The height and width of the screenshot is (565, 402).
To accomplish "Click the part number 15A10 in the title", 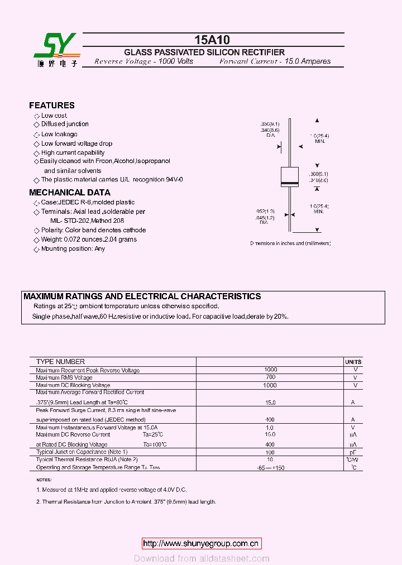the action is [212, 40].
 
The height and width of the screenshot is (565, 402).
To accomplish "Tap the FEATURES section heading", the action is [51, 105].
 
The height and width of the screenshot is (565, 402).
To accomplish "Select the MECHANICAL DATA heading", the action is [69, 193].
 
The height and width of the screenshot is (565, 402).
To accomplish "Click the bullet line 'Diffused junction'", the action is [65, 124].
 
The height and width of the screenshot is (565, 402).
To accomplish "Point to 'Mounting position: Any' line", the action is [73, 248].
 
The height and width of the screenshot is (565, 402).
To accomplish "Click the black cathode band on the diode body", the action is [289, 183].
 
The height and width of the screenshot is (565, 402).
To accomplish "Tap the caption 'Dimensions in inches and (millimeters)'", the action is [290, 243].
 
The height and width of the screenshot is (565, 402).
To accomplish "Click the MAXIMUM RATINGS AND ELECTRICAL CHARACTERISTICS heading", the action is [142, 296].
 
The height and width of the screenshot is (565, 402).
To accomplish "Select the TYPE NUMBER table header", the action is [60, 362].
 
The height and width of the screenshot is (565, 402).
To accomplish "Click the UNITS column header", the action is [353, 362].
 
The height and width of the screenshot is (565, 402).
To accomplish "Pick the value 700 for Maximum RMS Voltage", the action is [270, 377].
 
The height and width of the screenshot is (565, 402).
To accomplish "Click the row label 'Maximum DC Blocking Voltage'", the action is [73, 385].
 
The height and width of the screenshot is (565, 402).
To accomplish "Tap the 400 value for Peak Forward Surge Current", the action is [270, 419].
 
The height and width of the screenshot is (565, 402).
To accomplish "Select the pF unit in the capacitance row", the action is [353, 452].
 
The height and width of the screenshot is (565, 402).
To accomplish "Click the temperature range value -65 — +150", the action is [270, 468].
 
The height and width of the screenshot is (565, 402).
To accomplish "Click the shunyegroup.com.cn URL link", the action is [200, 543].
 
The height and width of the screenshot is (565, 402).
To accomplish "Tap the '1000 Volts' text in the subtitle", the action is [176, 61].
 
